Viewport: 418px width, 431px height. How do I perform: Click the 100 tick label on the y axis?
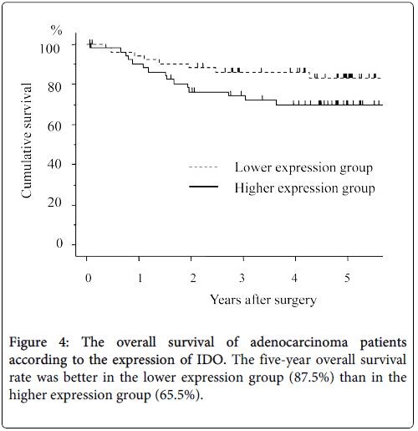(49, 49)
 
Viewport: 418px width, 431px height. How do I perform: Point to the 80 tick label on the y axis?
(54, 87)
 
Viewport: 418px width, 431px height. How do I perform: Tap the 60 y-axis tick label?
(54, 126)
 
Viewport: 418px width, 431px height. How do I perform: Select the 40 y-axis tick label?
(54, 164)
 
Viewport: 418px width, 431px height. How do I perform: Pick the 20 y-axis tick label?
(54, 203)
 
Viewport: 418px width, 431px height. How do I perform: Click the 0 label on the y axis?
(59, 244)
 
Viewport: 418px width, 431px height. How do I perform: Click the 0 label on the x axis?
(88, 278)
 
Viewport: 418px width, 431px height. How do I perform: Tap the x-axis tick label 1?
(140, 278)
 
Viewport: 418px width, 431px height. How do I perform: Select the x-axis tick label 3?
(242, 278)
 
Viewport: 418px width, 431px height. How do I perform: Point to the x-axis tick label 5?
(347, 278)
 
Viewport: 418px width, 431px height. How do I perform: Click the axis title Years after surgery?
(263, 300)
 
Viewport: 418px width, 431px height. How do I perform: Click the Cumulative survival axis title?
(27, 141)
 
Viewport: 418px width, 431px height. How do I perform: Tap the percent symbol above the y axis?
(56, 30)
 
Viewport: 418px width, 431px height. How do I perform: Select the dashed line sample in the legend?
(203, 167)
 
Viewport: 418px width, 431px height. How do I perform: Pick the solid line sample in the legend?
(203, 186)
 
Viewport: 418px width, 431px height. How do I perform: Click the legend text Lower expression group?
(303, 168)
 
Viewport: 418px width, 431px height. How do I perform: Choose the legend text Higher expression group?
(304, 188)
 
